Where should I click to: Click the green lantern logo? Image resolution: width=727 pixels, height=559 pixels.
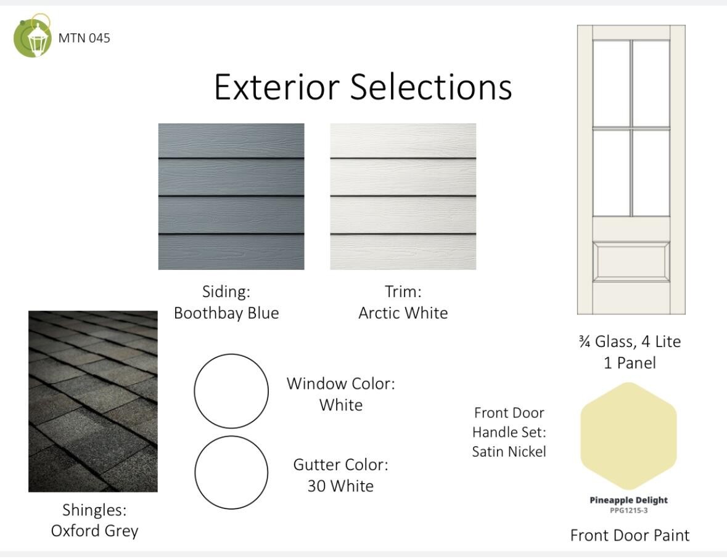click(x=33, y=36)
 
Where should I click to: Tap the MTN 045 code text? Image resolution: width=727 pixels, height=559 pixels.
click(x=84, y=38)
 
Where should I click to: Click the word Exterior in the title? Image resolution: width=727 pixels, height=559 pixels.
click(x=277, y=87)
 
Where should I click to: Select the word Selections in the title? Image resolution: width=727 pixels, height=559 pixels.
click(x=431, y=87)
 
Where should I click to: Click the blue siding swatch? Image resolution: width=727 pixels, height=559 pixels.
click(x=231, y=197)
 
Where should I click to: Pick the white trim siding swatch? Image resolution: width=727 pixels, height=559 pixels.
click(x=403, y=197)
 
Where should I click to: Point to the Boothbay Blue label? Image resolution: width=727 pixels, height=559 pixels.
click(x=226, y=313)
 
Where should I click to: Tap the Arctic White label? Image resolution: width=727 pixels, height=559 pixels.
click(x=403, y=313)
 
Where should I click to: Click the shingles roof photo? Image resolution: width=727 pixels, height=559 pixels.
click(x=92, y=401)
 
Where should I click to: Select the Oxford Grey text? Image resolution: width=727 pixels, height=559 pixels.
click(x=94, y=531)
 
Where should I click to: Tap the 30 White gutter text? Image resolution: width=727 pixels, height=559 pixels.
click(x=340, y=486)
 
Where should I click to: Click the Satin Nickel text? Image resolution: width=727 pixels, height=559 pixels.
click(x=509, y=452)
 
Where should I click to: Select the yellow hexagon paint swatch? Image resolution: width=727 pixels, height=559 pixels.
click(x=629, y=436)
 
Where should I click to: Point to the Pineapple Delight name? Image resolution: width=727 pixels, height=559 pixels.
click(x=629, y=500)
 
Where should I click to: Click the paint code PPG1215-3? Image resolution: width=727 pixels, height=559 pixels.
click(x=629, y=510)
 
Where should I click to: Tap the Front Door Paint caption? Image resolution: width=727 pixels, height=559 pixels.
click(x=630, y=536)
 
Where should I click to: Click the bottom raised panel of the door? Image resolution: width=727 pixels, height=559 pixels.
click(x=631, y=262)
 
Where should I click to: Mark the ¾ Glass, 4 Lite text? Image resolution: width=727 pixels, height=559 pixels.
click(x=630, y=341)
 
